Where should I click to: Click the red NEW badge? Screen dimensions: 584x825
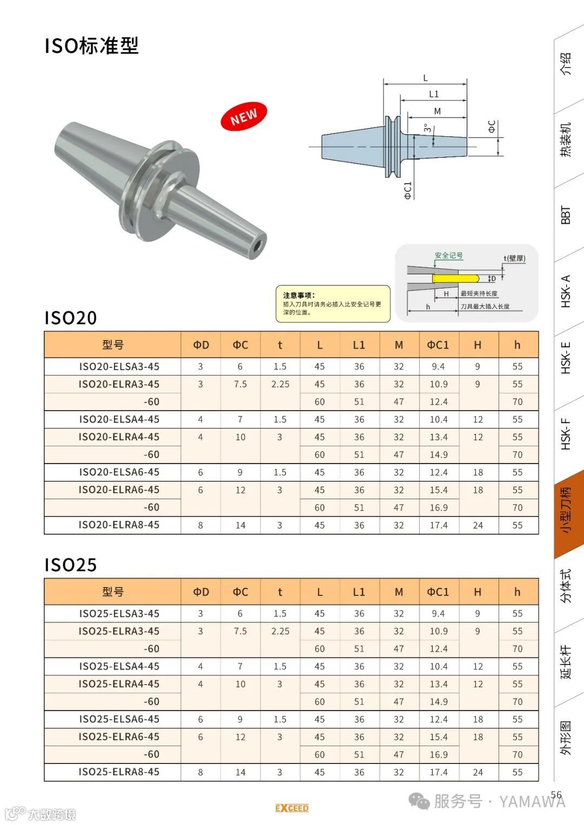244,116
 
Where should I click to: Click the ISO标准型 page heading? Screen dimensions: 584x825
91,46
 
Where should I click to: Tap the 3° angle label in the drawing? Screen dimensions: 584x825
427,128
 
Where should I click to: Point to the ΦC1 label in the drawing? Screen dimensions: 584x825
407,190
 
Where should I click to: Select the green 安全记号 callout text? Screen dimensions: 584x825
449,255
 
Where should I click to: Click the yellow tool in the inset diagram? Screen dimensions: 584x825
456,278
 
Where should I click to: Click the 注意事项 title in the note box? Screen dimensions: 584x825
299,295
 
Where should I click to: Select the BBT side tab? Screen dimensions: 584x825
566,215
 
